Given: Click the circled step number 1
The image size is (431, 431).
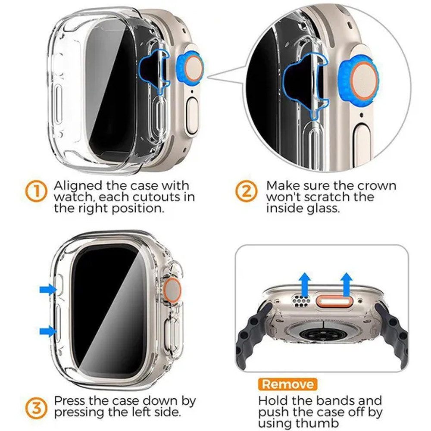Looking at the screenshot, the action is coord(36,192).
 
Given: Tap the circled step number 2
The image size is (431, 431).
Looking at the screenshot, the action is coord(246,192).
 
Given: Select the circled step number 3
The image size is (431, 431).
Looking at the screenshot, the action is coord(36,407).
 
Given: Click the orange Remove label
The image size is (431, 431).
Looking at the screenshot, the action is coord(287,384).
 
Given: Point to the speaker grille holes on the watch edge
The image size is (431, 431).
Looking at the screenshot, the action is coord(301,300).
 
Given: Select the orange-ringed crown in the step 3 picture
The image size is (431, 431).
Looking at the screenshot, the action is coord(172,290).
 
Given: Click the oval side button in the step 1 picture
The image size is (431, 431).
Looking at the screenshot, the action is coord(192,116).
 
